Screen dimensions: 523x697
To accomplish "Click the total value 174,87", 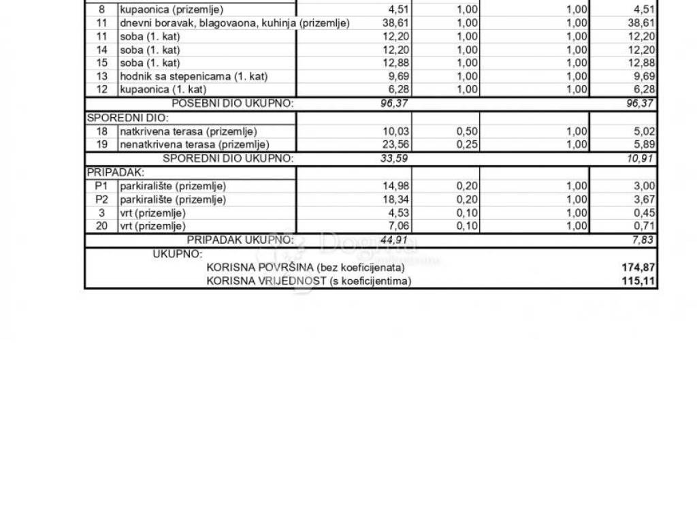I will (x=640, y=268).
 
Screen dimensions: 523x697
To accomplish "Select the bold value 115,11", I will (x=640, y=281).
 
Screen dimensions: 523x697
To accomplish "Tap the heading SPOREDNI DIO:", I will (x=117, y=117).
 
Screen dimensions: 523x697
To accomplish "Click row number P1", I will (x=101, y=186).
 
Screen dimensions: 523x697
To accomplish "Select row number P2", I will (x=101, y=200).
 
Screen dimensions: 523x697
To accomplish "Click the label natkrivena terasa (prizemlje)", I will (x=189, y=131).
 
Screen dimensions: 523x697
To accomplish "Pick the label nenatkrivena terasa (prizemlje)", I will (x=195, y=144).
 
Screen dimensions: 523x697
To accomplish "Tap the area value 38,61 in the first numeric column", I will (x=395, y=23).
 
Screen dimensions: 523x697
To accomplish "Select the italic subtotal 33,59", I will (x=395, y=159).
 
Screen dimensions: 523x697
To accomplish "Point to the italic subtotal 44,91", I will (x=395, y=240).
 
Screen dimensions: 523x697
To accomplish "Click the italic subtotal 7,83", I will (x=643, y=240).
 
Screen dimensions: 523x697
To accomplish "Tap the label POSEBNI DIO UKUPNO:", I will (x=232, y=104).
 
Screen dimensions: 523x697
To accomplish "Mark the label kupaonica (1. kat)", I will (x=163, y=89).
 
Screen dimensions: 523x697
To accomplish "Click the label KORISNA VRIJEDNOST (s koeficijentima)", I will (x=309, y=281).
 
